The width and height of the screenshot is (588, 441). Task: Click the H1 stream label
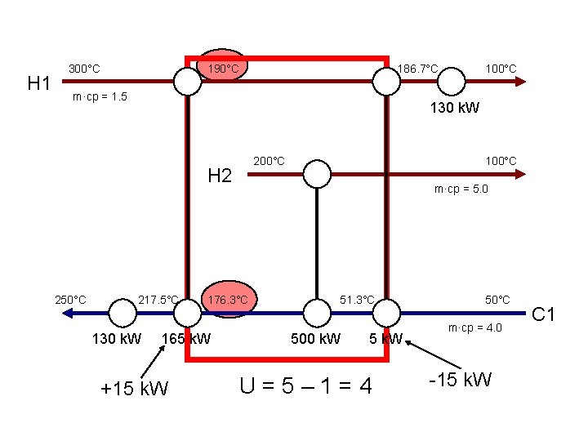pyautogui.click(x=39, y=82)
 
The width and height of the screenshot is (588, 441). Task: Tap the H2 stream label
pyautogui.click(x=220, y=176)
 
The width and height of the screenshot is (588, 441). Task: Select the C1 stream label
pyautogui.click(x=543, y=313)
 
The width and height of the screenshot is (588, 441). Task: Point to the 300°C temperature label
pyautogui.click(x=84, y=69)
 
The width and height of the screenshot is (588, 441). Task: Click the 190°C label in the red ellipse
pyautogui.click(x=222, y=69)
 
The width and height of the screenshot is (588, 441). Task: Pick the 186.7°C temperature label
pyautogui.click(x=417, y=69)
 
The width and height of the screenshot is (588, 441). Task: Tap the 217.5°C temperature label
pyautogui.click(x=158, y=300)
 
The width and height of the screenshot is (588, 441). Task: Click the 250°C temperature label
pyautogui.click(x=70, y=300)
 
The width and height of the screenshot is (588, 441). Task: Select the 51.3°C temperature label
pyautogui.click(x=357, y=300)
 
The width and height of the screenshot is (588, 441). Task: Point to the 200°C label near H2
pyautogui.click(x=269, y=161)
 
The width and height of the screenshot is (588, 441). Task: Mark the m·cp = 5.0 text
pyautogui.click(x=461, y=189)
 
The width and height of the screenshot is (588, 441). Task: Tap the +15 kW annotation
pyautogui.click(x=134, y=388)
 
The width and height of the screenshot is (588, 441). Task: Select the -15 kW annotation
pyautogui.click(x=460, y=379)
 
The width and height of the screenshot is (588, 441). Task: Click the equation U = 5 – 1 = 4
pyautogui.click(x=306, y=384)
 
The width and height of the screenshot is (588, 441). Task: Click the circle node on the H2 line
pyautogui.click(x=317, y=174)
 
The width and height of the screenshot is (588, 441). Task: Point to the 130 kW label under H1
pyautogui.click(x=455, y=108)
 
